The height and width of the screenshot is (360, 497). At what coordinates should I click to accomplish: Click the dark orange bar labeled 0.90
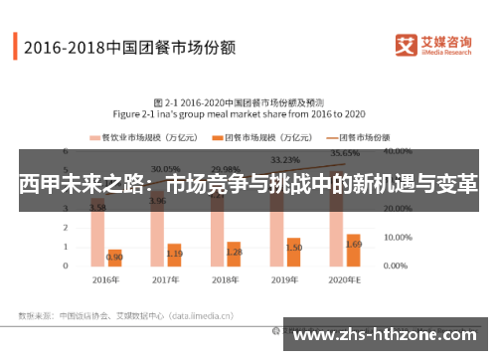[115, 259]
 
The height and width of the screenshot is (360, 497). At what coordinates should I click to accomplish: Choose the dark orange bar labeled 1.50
[294, 253]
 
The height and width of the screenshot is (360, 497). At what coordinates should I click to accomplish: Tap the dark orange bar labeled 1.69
[354, 251]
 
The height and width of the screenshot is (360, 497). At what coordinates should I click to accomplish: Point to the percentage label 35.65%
[345, 154]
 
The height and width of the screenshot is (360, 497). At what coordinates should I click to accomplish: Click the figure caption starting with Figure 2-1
[247, 114]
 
